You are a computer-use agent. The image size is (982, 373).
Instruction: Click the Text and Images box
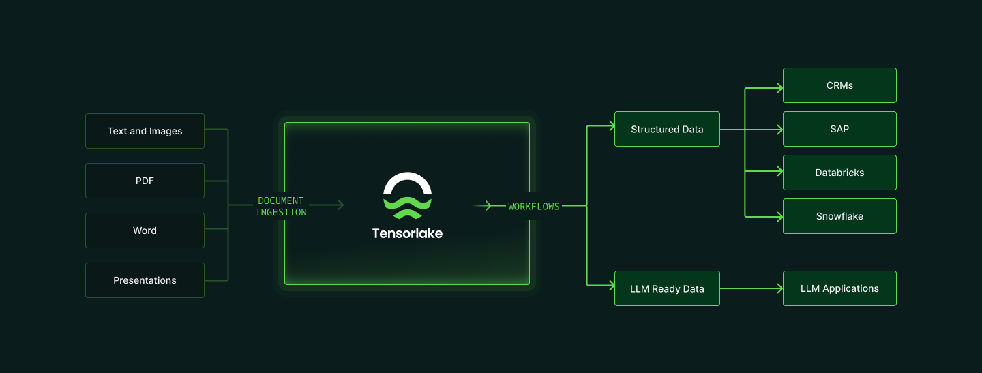point(145,131)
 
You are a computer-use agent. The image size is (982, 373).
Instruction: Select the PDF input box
point(145,181)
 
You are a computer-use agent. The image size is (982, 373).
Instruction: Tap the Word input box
point(145,230)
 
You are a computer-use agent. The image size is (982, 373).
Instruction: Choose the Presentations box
point(145,280)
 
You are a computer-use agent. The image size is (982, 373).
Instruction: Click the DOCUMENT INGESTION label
point(281,207)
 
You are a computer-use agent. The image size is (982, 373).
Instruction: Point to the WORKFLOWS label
point(533,206)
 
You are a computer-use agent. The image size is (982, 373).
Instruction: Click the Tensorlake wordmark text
point(407,233)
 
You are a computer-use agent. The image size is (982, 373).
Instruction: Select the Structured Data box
point(667,129)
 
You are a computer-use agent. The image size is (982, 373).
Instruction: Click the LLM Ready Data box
point(667,288)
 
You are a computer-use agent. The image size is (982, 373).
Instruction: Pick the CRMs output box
point(839,85)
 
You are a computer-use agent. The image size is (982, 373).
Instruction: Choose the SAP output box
point(839,129)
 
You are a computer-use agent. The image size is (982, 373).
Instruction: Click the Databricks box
point(839,173)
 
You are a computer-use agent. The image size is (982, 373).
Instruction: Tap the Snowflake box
point(839,216)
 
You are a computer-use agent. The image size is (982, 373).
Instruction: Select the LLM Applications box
point(839,288)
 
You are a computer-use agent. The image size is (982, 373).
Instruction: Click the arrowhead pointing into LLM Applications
point(779,288)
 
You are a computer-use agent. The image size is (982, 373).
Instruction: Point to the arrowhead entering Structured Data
point(610,126)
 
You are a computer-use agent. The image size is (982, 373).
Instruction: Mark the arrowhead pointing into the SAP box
point(779,129)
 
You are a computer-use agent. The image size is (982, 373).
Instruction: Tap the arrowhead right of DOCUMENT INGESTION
point(340,205)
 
